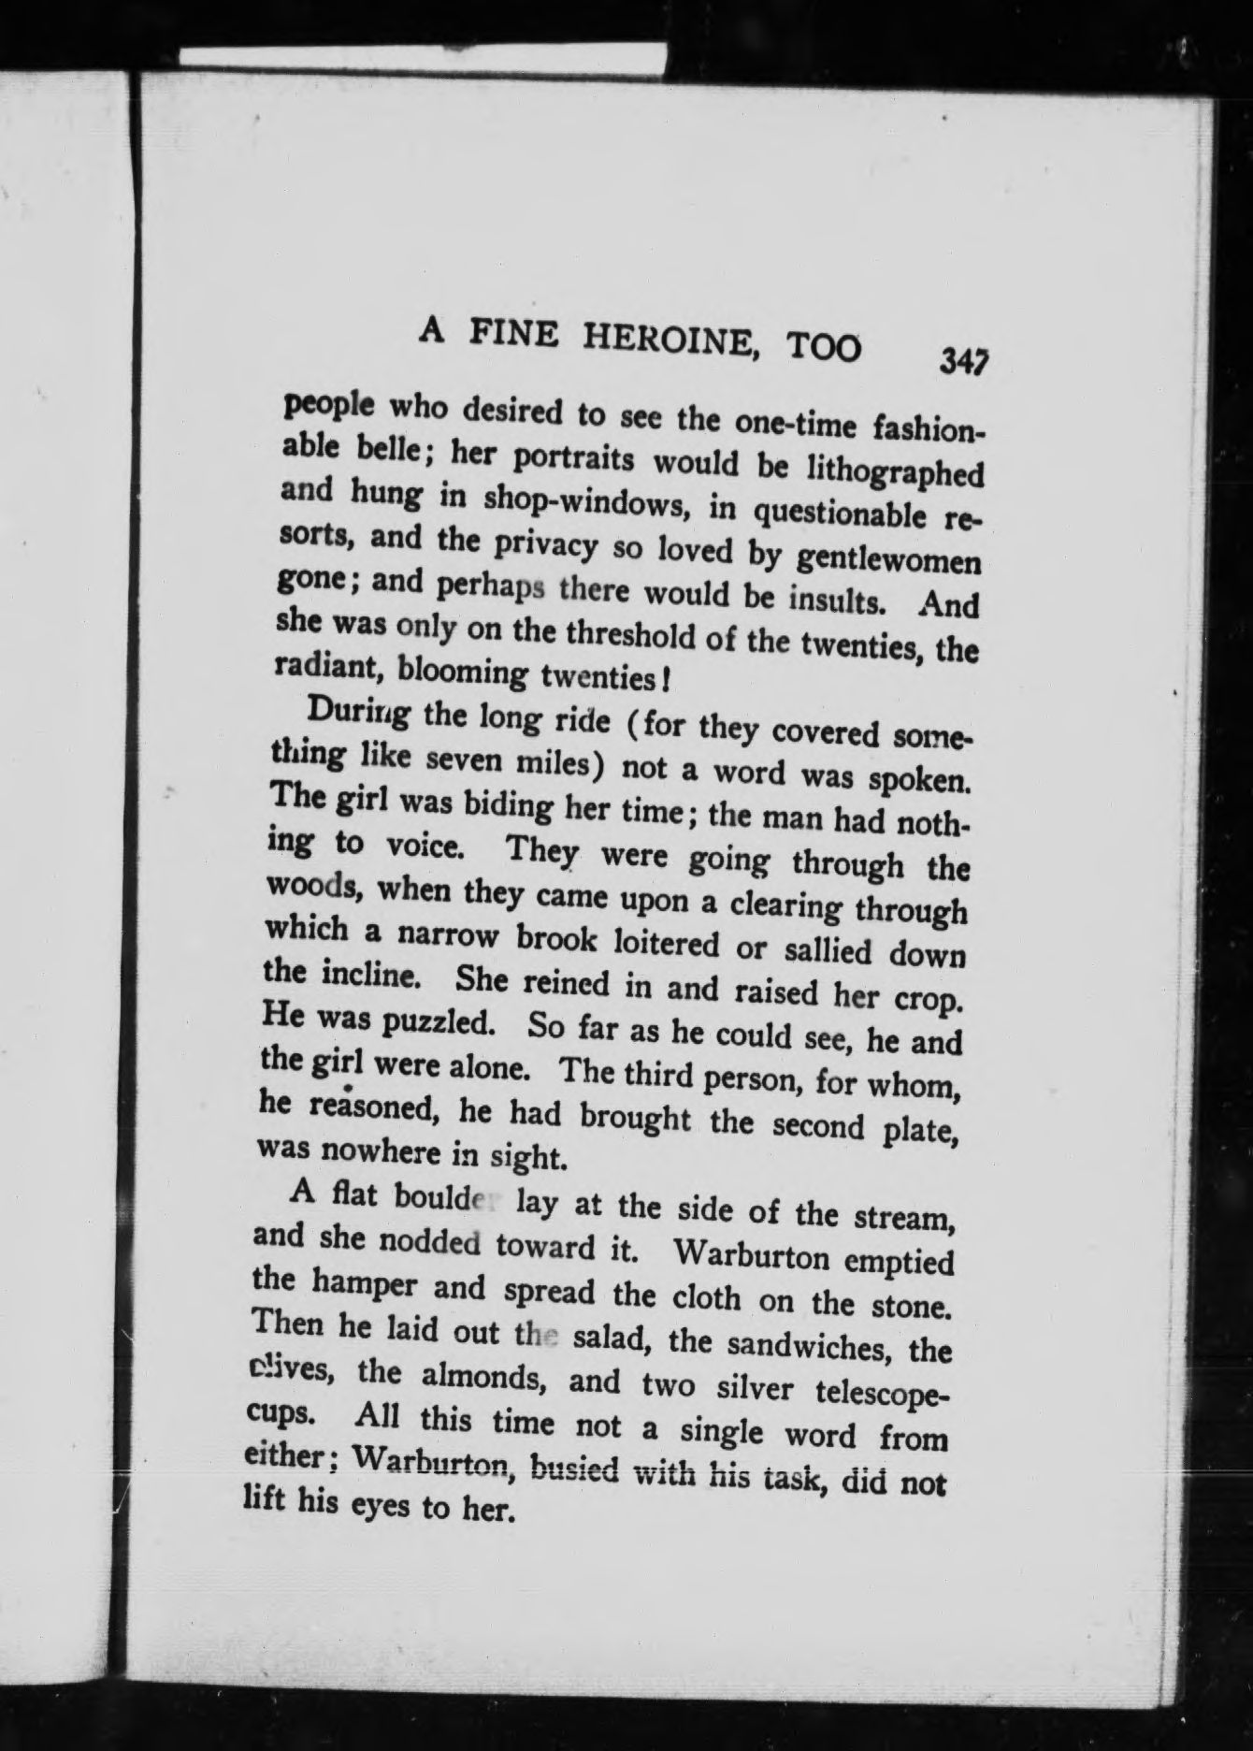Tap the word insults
827,599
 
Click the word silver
753,1392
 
